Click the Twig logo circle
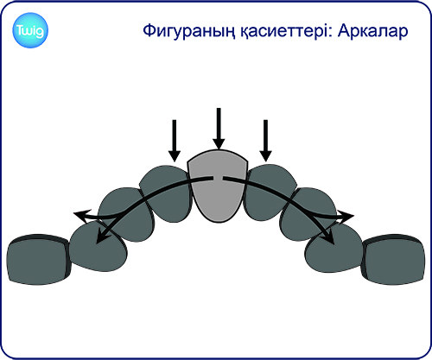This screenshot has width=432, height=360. (x=30, y=30)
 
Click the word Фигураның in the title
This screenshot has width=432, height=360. (x=188, y=31)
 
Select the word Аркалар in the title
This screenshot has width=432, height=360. (x=373, y=30)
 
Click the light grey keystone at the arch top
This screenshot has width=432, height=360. (x=218, y=186)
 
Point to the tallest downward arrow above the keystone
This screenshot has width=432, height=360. (x=219, y=129)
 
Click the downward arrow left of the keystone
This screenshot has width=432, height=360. (x=175, y=141)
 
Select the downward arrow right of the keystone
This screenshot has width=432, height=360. (x=265, y=141)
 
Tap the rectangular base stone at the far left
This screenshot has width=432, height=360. (x=38, y=260)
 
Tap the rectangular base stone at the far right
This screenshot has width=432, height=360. (x=393, y=260)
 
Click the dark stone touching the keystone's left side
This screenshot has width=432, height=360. (x=166, y=193)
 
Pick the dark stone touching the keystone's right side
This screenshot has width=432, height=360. (x=270, y=193)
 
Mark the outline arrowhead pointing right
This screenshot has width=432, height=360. (x=345, y=216)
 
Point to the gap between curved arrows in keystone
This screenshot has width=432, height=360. (x=218, y=179)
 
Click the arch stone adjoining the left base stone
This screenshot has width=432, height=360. (x=98, y=248)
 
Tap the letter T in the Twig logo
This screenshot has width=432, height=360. (x=20, y=30)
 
